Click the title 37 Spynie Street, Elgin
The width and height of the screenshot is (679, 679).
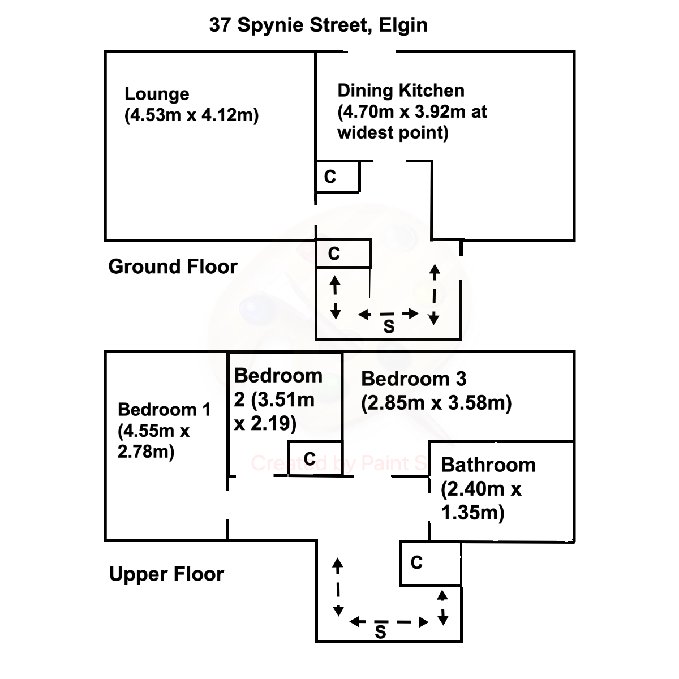pyautogui.click(x=318, y=25)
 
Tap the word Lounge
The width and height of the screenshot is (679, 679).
pyautogui.click(x=157, y=94)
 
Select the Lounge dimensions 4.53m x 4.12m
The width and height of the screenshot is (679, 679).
pyautogui.click(x=191, y=115)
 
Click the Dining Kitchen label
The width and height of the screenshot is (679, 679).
pyautogui.click(x=401, y=91)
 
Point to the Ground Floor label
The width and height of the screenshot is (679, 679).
pyautogui.click(x=173, y=267)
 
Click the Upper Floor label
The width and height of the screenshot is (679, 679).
pyautogui.click(x=166, y=574)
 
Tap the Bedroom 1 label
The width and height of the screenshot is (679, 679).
pyautogui.click(x=164, y=409)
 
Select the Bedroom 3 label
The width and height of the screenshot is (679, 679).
pyautogui.click(x=414, y=379)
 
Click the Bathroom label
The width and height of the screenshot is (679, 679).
pyautogui.click(x=488, y=465)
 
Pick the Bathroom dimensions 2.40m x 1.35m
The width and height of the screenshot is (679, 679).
pyautogui.click(x=480, y=501)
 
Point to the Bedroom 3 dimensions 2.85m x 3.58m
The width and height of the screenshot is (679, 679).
pyautogui.click(x=436, y=403)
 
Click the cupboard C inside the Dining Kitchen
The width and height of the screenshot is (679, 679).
pyautogui.click(x=330, y=177)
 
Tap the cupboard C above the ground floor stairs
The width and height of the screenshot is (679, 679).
pyautogui.click(x=334, y=254)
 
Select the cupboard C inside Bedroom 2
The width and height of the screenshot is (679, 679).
pyautogui.click(x=310, y=458)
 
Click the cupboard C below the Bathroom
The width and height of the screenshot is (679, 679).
pyautogui.click(x=416, y=562)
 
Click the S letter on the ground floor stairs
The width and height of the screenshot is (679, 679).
pyautogui.click(x=389, y=326)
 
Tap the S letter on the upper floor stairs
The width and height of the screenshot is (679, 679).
pyautogui.click(x=380, y=632)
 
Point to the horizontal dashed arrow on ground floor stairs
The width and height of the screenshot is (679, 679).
pyautogui.click(x=389, y=313)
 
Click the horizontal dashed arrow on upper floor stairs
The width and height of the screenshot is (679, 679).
pyautogui.click(x=389, y=622)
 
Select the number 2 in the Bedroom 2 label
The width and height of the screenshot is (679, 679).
pyautogui.click(x=240, y=399)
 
